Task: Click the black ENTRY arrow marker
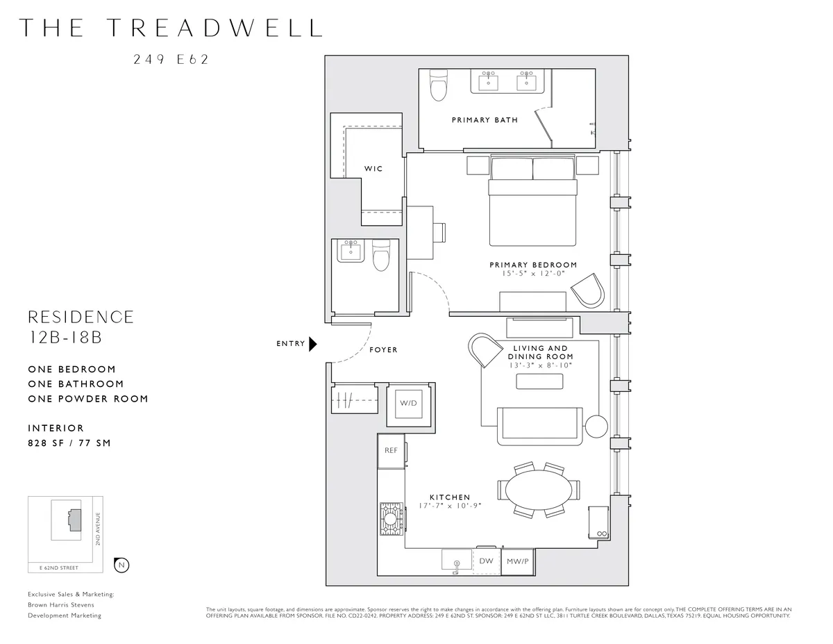[x=313, y=343]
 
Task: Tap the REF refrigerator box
[x=392, y=450]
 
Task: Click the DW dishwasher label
[x=486, y=561]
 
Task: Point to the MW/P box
[x=518, y=561]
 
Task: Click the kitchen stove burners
[x=391, y=519]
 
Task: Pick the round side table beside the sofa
[x=595, y=425]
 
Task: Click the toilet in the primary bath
[x=438, y=86]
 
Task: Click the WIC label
[x=373, y=169]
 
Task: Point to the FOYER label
[x=383, y=350]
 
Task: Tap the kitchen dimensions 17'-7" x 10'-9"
[x=450, y=506]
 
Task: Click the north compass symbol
[x=121, y=565]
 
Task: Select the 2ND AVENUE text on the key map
[x=99, y=529]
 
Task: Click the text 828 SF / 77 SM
[x=69, y=443]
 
